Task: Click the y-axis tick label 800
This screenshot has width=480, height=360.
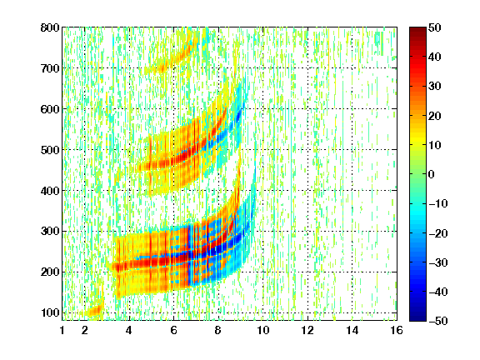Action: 50,27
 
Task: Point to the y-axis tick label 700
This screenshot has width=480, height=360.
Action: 50,68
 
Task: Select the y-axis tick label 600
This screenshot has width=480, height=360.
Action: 50,109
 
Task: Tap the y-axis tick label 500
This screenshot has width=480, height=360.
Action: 50,150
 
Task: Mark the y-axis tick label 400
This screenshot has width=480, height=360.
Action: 50,191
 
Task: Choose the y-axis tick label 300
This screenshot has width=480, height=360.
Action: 50,231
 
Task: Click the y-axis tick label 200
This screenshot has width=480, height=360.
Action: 50,272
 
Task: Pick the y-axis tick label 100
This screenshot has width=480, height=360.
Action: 50,312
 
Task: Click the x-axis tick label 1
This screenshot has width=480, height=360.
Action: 62,330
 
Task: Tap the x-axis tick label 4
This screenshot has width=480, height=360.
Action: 129,330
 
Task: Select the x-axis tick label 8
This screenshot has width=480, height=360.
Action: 217,330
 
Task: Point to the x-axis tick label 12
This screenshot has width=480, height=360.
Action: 307,330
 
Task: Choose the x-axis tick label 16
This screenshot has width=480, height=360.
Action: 397,330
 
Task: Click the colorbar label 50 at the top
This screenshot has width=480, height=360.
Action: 434,27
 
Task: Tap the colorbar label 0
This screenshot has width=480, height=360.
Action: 432,174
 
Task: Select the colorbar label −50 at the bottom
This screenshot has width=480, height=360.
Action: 437,321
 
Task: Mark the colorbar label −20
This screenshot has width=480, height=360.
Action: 437,233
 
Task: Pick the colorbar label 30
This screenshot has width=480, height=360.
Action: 434,87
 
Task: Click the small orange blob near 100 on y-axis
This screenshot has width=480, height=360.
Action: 93,312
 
